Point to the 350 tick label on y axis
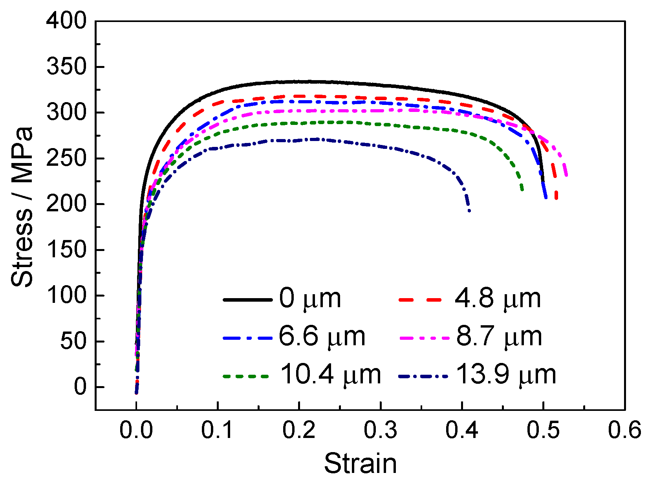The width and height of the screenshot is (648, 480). coord(66,66)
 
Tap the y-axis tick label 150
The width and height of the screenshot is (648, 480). coord(66,249)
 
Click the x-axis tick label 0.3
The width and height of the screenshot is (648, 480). coord(380,430)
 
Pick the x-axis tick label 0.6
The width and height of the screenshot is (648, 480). coord(624,430)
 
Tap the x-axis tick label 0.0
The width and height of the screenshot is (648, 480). coord(136,430)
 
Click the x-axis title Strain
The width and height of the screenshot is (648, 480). coord(360,463)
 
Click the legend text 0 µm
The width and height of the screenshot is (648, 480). coord(310,299)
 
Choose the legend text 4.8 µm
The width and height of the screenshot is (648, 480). coord(498,299)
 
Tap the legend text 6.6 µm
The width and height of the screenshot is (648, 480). coord(322,337)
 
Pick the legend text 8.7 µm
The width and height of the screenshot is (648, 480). coord(499,337)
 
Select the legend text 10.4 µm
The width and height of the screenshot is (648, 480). coord(330,375)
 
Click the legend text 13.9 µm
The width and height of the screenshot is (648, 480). coord(506,375)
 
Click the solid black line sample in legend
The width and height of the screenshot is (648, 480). coord(247,300)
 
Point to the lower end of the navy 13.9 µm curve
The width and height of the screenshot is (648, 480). coord(469,211)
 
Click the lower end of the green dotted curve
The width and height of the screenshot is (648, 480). coord(522,190)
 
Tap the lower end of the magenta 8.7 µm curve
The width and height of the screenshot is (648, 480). coord(566,175)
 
